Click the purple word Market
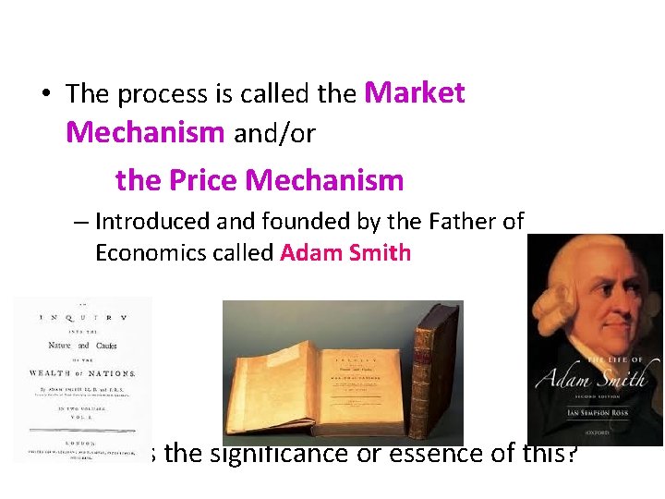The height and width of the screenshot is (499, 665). [415, 92]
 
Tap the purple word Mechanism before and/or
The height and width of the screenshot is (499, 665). [145, 133]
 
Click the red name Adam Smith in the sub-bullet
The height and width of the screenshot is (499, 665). [345, 253]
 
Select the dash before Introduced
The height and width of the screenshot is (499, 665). [81, 223]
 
